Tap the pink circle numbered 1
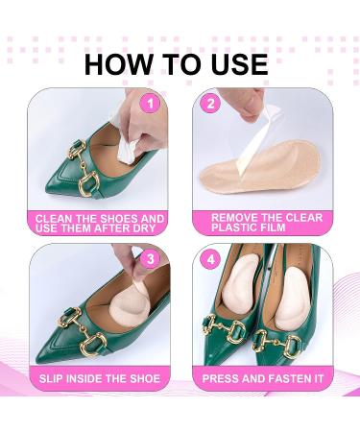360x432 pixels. point(149,102)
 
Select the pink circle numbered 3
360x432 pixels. point(149,257)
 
